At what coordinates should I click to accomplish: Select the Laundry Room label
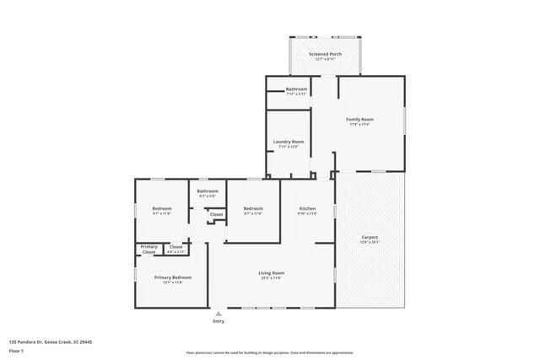289,142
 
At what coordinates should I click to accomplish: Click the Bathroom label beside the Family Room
296,89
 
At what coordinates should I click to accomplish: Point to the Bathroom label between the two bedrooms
208,191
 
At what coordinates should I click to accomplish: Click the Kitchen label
307,208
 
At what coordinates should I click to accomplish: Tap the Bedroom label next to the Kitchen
254,208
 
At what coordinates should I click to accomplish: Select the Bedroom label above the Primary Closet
162,208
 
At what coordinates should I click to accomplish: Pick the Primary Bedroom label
172,277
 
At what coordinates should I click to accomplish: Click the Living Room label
271,273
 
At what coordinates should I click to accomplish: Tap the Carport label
370,238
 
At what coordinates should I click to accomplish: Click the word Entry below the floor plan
219,321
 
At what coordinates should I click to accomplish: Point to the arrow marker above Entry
219,313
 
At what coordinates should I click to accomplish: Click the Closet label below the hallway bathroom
217,215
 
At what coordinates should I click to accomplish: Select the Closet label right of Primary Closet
175,248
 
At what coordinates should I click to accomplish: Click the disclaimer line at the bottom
270,353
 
